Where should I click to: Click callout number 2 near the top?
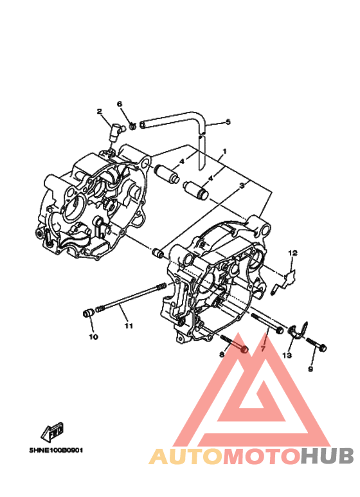(x=100, y=111)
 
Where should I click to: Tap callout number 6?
(x=120, y=104)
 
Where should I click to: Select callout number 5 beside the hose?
(x=228, y=122)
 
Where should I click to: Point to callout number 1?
(x=224, y=152)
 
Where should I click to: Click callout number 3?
(x=242, y=185)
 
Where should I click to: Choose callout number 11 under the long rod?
(x=129, y=325)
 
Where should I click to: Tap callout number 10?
(x=93, y=337)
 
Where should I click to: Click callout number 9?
(x=310, y=369)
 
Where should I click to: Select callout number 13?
(x=287, y=356)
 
